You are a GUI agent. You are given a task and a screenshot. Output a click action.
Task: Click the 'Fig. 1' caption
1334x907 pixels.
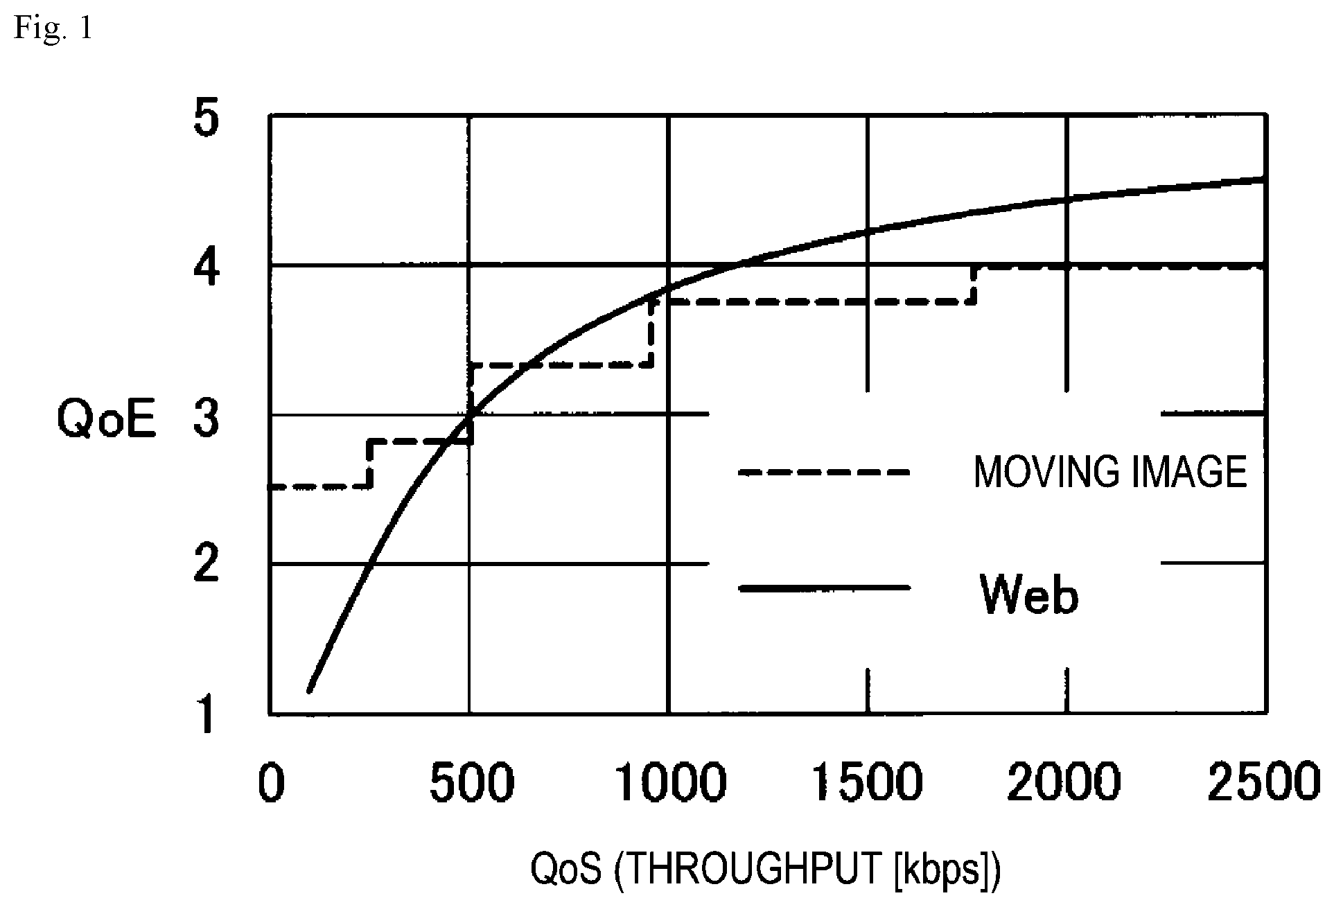click(x=53, y=30)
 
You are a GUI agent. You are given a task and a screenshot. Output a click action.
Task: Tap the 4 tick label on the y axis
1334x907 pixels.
click(x=207, y=269)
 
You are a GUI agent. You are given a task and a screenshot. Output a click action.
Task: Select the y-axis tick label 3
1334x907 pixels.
click(x=207, y=419)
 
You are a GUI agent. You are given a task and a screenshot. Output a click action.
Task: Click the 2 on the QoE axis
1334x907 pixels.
click(x=207, y=565)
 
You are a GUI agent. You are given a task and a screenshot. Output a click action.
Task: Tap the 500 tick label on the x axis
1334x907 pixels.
click(x=472, y=782)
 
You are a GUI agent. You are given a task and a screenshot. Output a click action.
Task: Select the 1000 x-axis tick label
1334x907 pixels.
click(x=671, y=782)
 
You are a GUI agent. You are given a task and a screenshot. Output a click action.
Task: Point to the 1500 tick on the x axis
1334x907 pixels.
click(x=869, y=782)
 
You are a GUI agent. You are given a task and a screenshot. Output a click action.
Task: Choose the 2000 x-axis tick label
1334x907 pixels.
click(x=1064, y=782)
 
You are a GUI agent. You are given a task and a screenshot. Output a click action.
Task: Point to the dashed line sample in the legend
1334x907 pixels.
click(x=823, y=472)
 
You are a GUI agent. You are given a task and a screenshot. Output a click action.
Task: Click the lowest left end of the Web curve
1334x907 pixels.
click(x=310, y=690)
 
